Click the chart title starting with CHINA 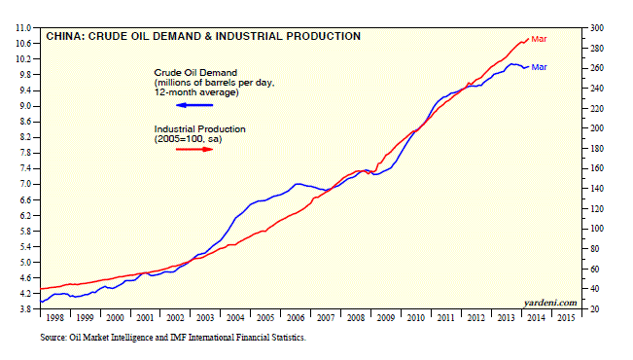pos(203,36)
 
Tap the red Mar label pos(539,39)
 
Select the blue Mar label pos(539,67)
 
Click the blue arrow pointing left pos(194,105)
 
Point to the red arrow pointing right pos(194,150)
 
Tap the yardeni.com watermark pos(550,303)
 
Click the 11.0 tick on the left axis pos(23,28)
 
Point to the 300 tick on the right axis pos(597,28)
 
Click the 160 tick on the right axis pos(597,168)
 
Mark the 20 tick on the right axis pos(595,309)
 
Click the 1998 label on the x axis pos(54,318)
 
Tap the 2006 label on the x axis pos(296,318)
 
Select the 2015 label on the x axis pos(566,318)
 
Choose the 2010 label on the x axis pos(416,318)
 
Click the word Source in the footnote pos(53,338)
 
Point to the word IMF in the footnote pos(178,338)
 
